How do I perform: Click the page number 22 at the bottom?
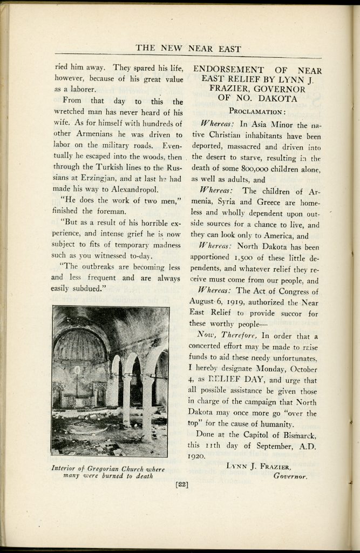[x=181, y=484]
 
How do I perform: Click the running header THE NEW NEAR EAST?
[x=188, y=48]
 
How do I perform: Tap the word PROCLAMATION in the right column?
[x=257, y=111]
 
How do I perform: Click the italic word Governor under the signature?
[x=290, y=476]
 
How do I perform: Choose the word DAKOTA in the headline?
[x=276, y=98]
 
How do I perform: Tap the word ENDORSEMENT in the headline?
[x=229, y=71]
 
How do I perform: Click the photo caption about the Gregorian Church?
[x=107, y=472]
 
